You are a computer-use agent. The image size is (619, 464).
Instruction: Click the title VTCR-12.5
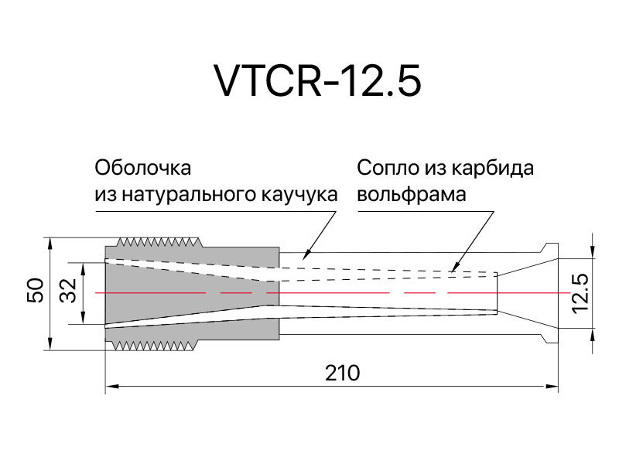point(317,81)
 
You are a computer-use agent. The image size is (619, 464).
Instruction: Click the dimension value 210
point(342,373)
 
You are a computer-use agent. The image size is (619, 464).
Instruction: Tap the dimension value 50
point(36,291)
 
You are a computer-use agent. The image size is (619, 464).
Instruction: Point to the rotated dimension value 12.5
point(580,295)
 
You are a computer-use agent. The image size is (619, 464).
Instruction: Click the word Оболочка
point(143,168)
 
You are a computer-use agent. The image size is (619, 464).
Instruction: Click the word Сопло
point(388,168)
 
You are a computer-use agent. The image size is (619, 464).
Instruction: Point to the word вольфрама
point(412,194)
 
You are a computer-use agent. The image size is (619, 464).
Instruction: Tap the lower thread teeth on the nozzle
point(155,346)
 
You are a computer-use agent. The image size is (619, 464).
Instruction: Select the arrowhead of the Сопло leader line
point(453,267)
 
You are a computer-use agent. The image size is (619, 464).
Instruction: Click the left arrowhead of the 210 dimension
point(112,386)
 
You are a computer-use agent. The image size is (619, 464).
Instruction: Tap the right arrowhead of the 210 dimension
point(552,386)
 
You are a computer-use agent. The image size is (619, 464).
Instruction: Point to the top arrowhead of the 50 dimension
point(50,244)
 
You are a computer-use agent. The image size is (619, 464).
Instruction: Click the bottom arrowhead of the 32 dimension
point(83,318)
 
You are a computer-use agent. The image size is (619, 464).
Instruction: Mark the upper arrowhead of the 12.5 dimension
point(593,252)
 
